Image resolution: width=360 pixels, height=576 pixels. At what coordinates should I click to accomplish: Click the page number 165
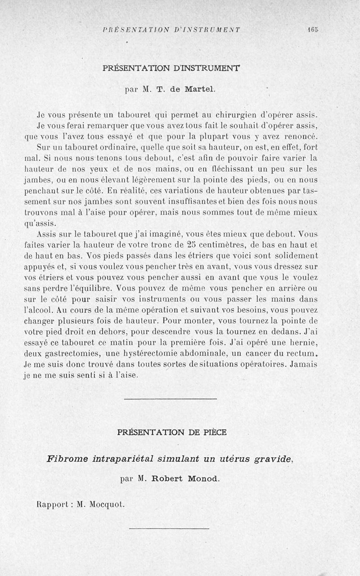click(x=313, y=30)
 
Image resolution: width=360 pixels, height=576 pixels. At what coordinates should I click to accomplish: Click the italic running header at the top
click(x=171, y=30)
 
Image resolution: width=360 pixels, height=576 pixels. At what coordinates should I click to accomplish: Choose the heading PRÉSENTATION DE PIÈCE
click(x=171, y=433)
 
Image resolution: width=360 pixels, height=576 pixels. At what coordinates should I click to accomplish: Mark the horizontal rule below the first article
click(x=170, y=398)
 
